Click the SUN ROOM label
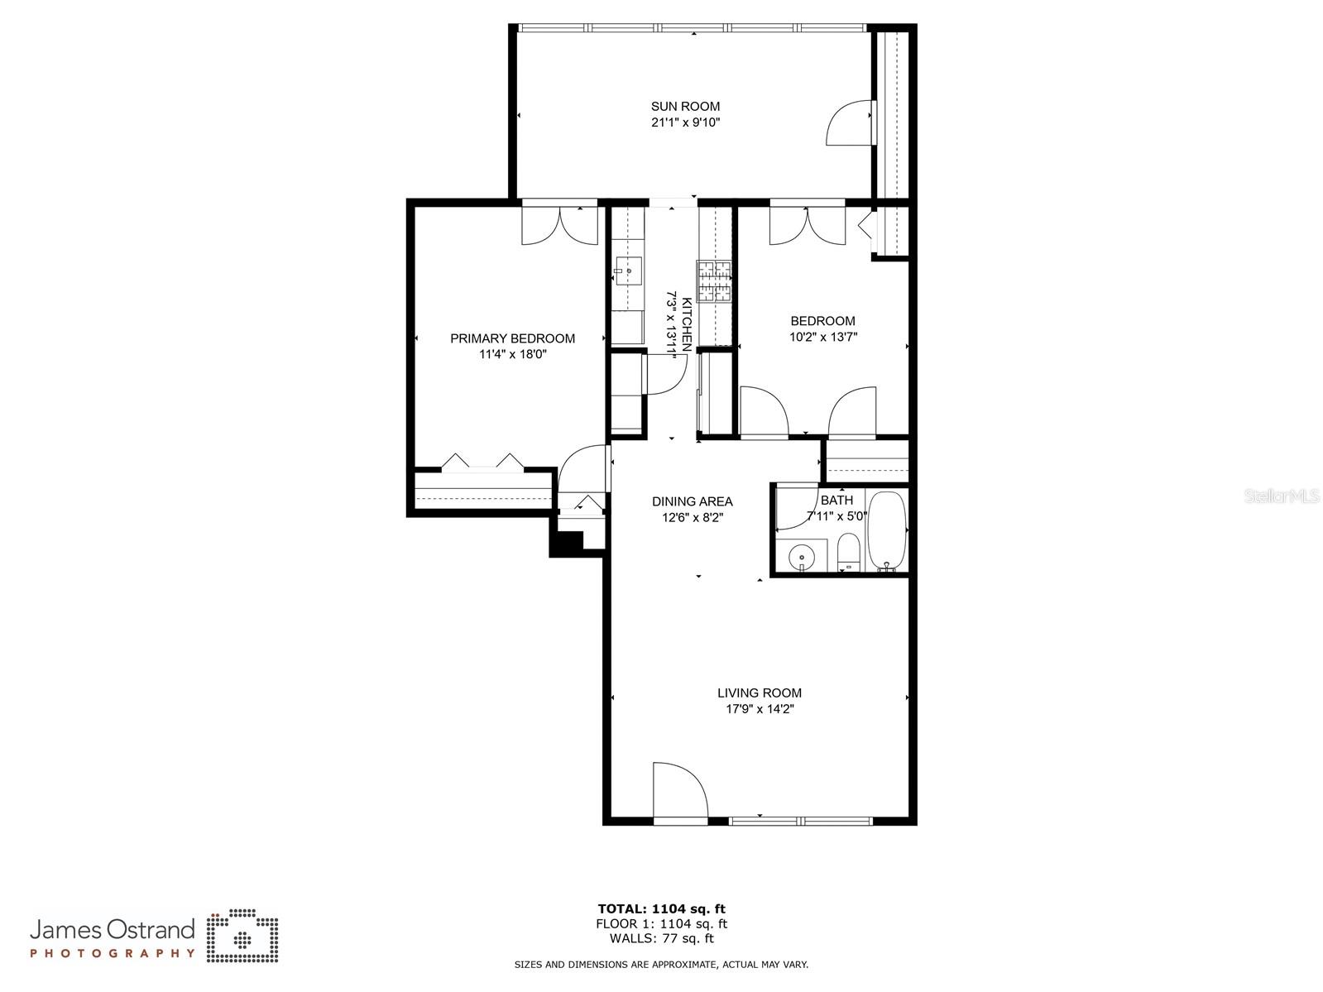[x=685, y=106]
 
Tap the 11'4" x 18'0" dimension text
[x=513, y=354]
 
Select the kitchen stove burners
[x=714, y=280]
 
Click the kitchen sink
[x=629, y=271]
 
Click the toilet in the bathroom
[x=849, y=552]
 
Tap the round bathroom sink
[x=802, y=557]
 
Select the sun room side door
[x=850, y=123]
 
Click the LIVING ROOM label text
[x=759, y=693]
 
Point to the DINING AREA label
[x=692, y=501]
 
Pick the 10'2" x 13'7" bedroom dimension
[x=822, y=337]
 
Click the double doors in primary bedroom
[x=559, y=224]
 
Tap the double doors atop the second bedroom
[x=807, y=224]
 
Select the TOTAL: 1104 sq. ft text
[x=661, y=908]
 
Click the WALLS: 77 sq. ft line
[x=661, y=938]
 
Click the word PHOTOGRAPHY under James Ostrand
[x=113, y=953]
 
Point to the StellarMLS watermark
[x=1282, y=496]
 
